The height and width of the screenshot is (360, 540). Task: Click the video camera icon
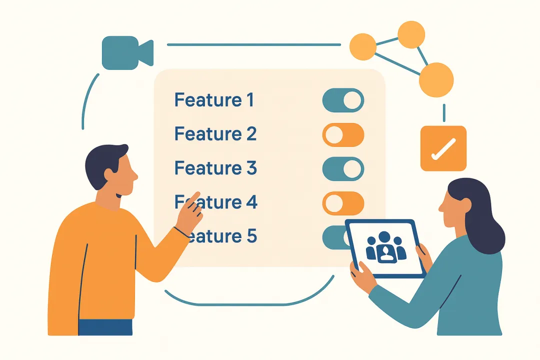click(x=126, y=52)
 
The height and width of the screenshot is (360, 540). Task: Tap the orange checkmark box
click(x=443, y=148)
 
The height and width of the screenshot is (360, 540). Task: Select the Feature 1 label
click(x=214, y=100)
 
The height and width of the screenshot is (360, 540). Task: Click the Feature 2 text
click(x=215, y=134)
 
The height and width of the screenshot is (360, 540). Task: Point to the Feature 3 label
click(x=215, y=168)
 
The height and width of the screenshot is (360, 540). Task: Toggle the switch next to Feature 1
click(x=343, y=100)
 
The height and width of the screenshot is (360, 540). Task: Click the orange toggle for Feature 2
click(x=343, y=134)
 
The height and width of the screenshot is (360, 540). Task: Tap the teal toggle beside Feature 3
click(x=343, y=168)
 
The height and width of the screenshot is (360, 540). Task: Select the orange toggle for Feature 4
click(x=343, y=202)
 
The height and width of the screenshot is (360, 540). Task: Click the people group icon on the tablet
click(x=386, y=248)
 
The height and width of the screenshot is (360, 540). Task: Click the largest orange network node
click(x=436, y=80)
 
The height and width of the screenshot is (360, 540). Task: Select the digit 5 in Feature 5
click(x=252, y=235)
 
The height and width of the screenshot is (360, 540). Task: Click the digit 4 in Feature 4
click(x=251, y=202)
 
